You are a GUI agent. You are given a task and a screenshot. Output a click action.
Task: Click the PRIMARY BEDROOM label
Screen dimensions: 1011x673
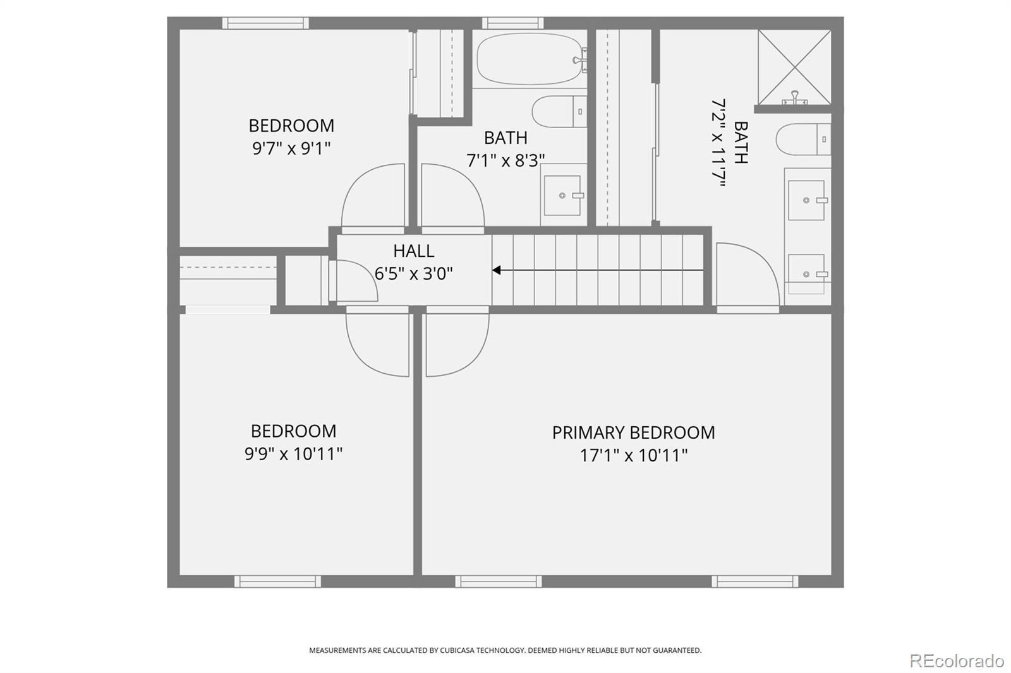coord(633,432)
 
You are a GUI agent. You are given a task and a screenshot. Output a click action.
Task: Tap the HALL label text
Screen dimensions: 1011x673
coord(413,251)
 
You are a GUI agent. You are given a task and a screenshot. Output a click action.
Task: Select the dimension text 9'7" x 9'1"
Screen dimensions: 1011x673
coord(291,148)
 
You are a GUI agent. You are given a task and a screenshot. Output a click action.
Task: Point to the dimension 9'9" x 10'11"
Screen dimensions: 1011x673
coord(293,453)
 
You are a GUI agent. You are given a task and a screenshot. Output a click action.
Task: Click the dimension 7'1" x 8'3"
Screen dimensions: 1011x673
coord(505,160)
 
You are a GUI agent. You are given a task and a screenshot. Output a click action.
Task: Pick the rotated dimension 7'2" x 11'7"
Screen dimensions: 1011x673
coord(718,143)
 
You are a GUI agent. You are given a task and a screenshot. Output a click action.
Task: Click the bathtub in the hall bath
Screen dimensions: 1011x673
coord(530,59)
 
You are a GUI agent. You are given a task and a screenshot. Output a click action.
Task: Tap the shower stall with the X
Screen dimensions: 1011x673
coord(794,67)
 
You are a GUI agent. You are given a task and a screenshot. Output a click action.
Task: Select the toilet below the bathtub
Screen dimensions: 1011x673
coord(559,111)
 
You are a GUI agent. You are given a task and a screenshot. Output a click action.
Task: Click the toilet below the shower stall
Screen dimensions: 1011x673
coord(803,140)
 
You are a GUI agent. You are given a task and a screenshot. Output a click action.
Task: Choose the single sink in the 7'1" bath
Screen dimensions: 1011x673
coord(562,195)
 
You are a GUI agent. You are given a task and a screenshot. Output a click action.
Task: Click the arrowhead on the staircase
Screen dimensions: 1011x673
coord(497,270)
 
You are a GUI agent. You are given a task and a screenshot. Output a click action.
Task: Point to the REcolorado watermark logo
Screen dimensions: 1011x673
coord(957,661)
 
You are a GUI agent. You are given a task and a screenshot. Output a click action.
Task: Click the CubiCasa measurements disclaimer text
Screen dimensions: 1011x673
coord(505,650)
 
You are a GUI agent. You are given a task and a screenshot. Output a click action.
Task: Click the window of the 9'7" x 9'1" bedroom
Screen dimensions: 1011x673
coord(265,23)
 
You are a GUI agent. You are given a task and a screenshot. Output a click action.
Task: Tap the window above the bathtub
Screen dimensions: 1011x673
coord(512,23)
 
